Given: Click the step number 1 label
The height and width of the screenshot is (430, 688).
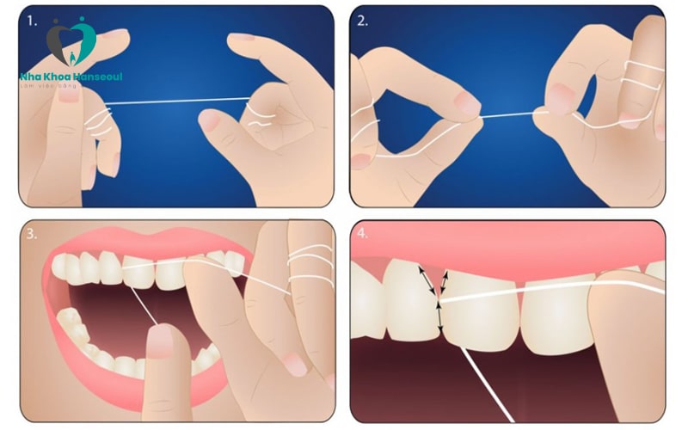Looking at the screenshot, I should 31,19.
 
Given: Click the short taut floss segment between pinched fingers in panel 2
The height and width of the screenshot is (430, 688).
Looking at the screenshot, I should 507,114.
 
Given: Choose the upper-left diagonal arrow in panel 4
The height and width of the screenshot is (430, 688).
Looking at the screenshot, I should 427,279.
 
